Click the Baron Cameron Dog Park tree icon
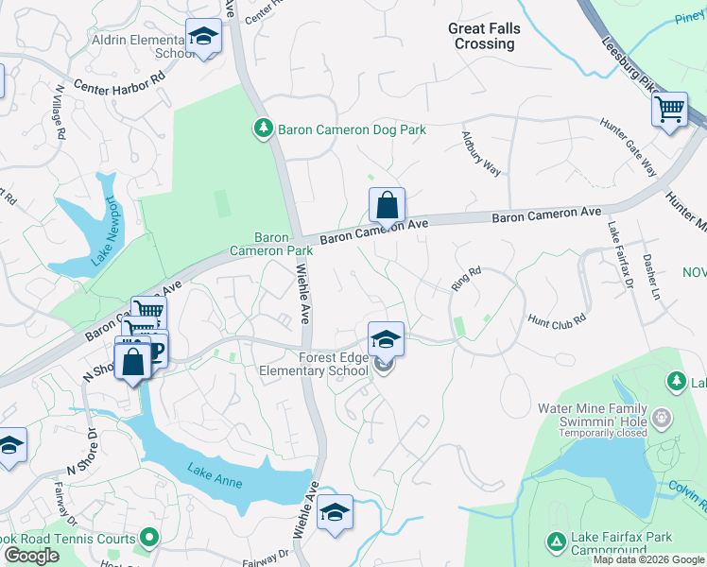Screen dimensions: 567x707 pos(264,128)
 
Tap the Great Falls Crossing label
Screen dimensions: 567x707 pos(484,37)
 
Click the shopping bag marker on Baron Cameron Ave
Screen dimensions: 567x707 pos(387,204)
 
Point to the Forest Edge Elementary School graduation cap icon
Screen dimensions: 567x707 pos(386,338)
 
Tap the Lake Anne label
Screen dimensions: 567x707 pos(215,477)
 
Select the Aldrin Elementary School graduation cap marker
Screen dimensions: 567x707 pos(201,36)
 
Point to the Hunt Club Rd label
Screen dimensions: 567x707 pos(557,319)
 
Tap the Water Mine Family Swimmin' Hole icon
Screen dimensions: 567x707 pos(663,417)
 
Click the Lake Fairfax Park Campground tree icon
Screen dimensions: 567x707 pos(556,542)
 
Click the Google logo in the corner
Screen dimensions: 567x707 pos(31,556)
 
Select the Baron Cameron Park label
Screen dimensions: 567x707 pos(270,245)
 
